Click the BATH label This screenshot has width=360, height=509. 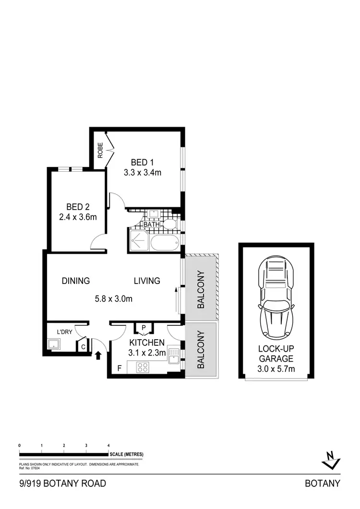(151, 224)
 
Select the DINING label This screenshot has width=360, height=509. (76, 281)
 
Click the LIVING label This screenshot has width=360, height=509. (147, 281)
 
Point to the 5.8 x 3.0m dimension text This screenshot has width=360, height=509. (113, 298)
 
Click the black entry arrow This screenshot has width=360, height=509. (98, 355)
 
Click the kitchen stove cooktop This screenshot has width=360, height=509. (143, 367)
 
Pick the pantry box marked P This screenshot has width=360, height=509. (144, 328)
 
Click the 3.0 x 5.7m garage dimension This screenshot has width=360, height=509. (276, 368)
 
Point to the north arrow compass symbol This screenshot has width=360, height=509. (331, 460)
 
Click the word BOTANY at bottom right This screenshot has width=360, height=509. (323, 484)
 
